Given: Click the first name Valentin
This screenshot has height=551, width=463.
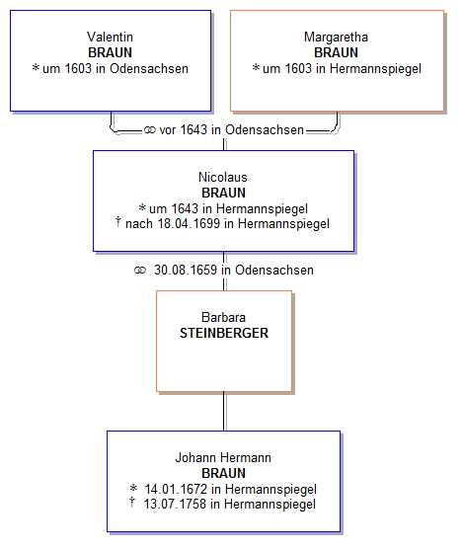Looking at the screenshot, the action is pyautogui.click(x=110, y=37).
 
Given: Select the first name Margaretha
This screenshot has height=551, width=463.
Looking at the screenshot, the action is pyautogui.click(x=336, y=37).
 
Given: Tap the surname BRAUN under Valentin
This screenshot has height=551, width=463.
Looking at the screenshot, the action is pyautogui.click(x=110, y=52).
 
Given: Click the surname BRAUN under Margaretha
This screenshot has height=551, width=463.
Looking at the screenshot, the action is pyautogui.click(x=336, y=52).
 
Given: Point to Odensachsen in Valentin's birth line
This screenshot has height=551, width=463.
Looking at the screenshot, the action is pyautogui.click(x=149, y=68).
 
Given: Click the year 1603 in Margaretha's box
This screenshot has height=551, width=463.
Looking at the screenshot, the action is pyautogui.click(x=298, y=68).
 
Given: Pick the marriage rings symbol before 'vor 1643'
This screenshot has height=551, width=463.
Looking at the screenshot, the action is pyautogui.click(x=150, y=130).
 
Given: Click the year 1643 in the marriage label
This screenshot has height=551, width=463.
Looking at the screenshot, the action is pyautogui.click(x=193, y=129).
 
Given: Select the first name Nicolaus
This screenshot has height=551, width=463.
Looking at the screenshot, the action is pyautogui.click(x=223, y=177).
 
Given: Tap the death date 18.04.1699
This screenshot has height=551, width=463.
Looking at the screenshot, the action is pyautogui.click(x=189, y=223).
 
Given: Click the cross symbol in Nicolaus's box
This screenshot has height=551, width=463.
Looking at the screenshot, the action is pyautogui.click(x=118, y=222).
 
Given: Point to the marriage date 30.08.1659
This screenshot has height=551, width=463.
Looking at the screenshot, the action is pyautogui.click(x=186, y=270).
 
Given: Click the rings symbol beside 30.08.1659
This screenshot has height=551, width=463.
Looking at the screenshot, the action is pyautogui.click(x=140, y=271).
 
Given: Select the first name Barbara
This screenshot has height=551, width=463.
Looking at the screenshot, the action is pyautogui.click(x=223, y=317).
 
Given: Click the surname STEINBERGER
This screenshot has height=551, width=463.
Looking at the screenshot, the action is pyautogui.click(x=224, y=333).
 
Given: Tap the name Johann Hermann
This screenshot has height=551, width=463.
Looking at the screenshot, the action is pyautogui.click(x=223, y=457).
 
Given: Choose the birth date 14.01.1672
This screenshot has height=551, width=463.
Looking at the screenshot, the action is pyautogui.click(x=176, y=489).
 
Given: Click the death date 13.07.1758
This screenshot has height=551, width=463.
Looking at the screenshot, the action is pyautogui.click(x=175, y=504).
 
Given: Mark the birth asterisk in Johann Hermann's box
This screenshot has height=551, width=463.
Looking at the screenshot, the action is pyautogui.click(x=133, y=488).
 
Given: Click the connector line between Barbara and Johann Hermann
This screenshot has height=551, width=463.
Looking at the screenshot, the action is pyautogui.click(x=224, y=411).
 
